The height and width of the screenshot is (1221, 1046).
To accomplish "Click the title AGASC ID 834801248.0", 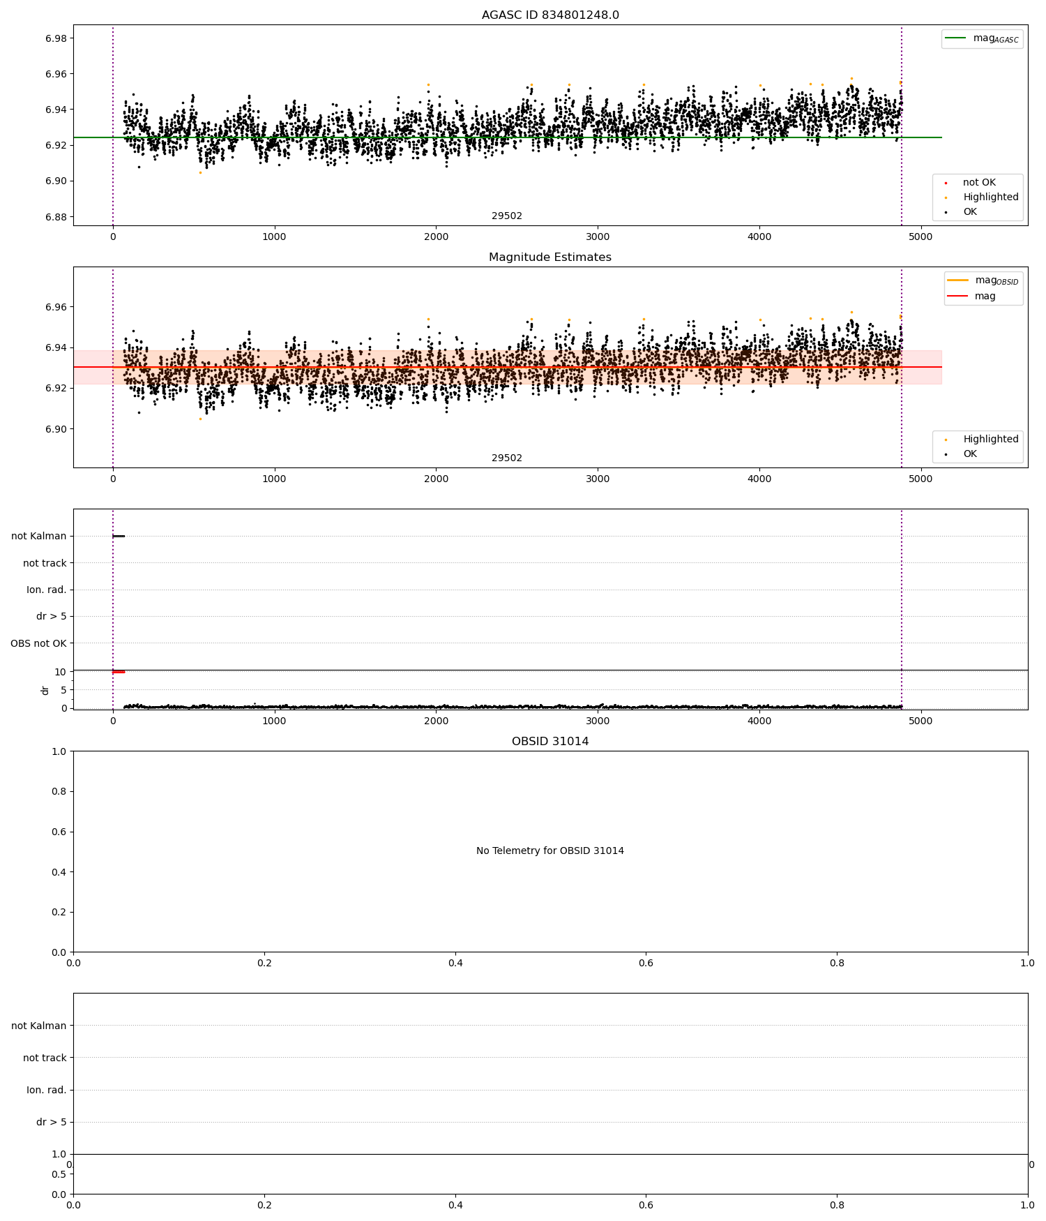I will point(549,15).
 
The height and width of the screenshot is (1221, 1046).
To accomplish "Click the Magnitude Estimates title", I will point(549,257).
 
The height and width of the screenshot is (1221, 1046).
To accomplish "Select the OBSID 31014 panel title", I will point(549,742).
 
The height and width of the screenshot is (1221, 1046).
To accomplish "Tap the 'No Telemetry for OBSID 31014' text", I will point(549,851).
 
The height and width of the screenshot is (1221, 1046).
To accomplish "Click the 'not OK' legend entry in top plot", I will point(978,183).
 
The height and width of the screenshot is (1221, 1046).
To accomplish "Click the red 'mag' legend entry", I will point(985,297).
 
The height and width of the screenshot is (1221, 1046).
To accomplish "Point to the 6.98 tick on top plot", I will point(55,38).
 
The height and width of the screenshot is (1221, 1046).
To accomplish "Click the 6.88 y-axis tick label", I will point(55,217).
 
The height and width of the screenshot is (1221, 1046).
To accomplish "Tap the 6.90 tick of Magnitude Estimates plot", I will point(55,429).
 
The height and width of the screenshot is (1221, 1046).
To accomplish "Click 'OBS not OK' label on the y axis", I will point(38,643).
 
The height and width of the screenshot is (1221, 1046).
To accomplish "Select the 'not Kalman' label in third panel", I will point(39,537).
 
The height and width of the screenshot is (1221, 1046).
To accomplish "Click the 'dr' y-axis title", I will point(45,690).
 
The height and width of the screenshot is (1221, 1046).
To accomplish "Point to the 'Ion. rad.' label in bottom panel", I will point(47,1090).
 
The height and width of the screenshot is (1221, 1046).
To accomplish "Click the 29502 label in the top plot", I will point(507,216).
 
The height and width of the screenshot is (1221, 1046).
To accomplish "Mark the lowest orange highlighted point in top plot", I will point(200,172).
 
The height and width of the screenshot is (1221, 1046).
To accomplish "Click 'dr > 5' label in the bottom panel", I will point(52,1122).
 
